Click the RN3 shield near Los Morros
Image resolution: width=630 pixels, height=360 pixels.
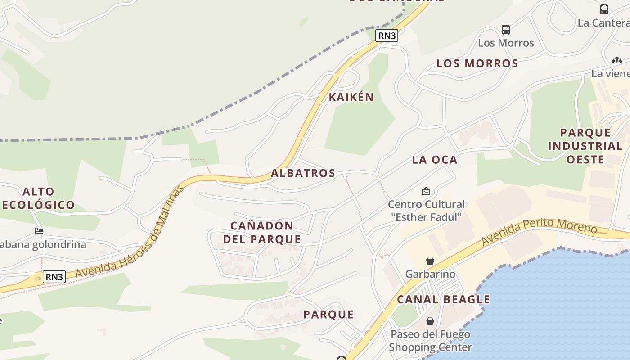coord(387,36)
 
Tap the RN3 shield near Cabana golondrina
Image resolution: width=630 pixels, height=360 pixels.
coord(54,276)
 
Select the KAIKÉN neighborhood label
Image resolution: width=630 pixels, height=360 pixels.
coord(351,97)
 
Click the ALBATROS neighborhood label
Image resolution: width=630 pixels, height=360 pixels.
coord(303,173)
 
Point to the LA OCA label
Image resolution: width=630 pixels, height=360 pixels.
coord(435,160)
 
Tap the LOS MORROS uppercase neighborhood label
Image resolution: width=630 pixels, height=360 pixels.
coord(477,63)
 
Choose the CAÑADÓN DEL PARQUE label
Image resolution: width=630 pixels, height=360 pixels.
coord(262,232)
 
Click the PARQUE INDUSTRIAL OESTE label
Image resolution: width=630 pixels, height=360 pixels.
coord(585,146)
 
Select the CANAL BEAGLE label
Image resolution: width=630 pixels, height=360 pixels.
coord(443,299)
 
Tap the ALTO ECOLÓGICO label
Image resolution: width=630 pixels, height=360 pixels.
coord(38,198)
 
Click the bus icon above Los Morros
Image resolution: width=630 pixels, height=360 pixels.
coord(506,30)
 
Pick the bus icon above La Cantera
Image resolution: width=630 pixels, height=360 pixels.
coord(604,9)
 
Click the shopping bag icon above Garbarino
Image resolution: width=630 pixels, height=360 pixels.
coord(430,261)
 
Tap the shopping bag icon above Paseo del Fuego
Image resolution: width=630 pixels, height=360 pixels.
coord(430,321)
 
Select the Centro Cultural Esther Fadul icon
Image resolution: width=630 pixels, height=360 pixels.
coord(426,191)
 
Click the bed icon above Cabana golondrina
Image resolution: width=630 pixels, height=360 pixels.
coord(39,231)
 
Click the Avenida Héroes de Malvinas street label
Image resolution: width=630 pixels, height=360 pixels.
coord(130,234)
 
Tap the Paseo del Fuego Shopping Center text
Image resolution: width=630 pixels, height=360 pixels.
coord(430,341)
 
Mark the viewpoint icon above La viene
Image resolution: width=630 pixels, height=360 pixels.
coord(616,60)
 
